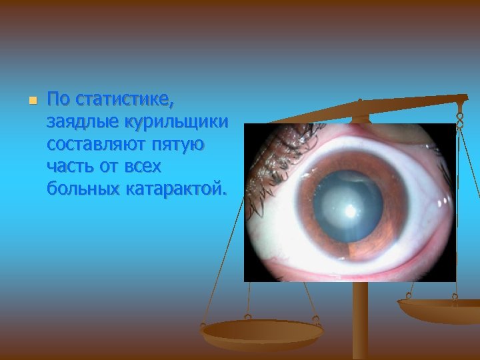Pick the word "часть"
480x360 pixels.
point(69,166)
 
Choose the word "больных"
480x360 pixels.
point(83,188)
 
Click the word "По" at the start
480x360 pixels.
point(59,101)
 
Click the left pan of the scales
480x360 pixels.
point(263,331)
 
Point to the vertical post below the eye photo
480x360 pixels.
point(360,320)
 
